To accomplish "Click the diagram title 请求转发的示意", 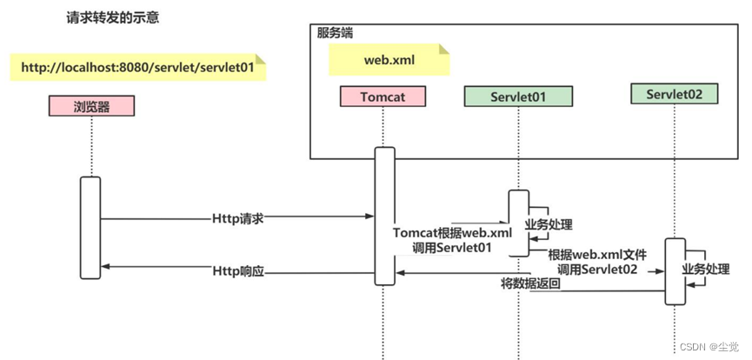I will (x=113, y=17).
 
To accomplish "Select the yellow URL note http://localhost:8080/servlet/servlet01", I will (x=137, y=67).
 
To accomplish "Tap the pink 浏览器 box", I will (x=91, y=105).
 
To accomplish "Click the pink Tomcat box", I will (x=383, y=97).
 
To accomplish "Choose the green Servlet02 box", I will (x=674, y=94).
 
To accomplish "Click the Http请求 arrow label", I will (x=237, y=217).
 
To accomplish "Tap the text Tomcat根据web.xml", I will (x=452, y=233).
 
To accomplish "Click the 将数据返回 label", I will (x=530, y=283).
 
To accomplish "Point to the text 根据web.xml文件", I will (x=597, y=256).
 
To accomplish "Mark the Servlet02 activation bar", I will (x=675, y=271).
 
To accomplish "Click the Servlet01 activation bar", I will (x=518, y=223).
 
